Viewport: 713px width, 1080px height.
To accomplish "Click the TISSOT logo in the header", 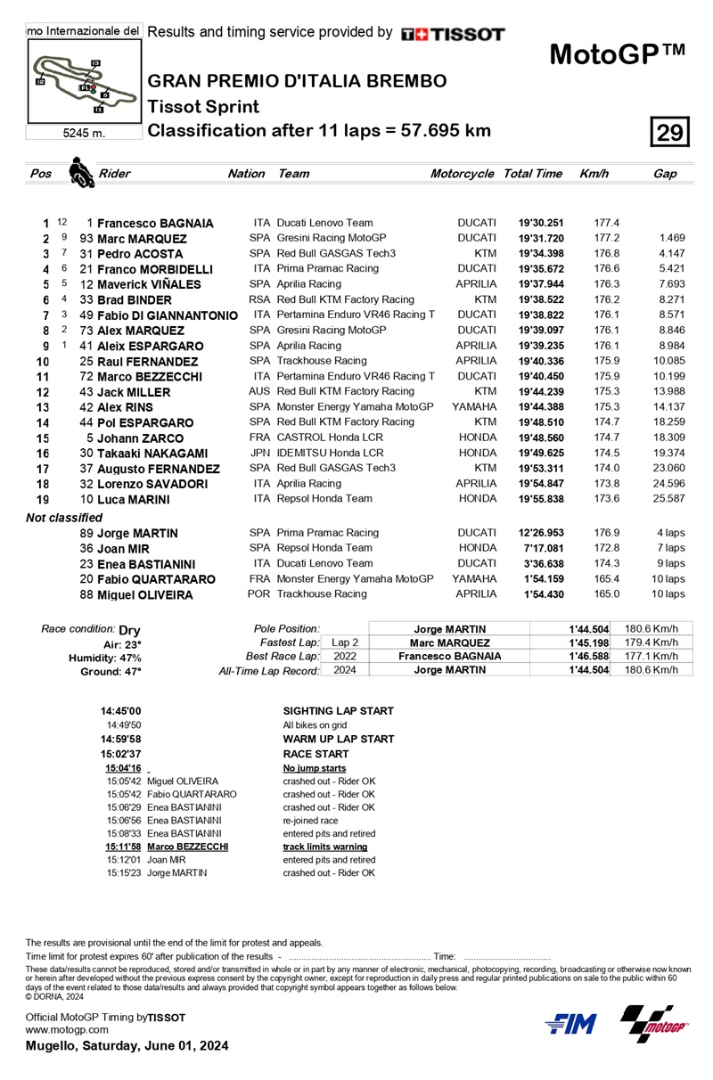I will [x=453, y=34].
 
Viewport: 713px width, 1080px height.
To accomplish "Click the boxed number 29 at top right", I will [x=669, y=133].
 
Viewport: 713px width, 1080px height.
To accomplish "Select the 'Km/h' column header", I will [x=594, y=174].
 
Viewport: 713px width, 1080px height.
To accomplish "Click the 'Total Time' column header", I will [x=532, y=174].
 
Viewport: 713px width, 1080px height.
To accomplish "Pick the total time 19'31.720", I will [x=540, y=239].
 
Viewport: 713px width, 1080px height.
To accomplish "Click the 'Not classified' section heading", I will [x=64, y=517].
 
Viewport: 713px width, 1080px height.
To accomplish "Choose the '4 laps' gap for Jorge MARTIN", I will [x=670, y=533].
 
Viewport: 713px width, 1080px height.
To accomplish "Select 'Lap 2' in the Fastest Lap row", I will [x=345, y=642].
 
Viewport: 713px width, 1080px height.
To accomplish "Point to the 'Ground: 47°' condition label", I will [x=111, y=671].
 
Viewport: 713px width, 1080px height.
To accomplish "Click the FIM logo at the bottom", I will [x=571, y=1024].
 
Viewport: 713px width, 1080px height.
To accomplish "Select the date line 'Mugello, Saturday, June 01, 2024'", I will [x=127, y=1045].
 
